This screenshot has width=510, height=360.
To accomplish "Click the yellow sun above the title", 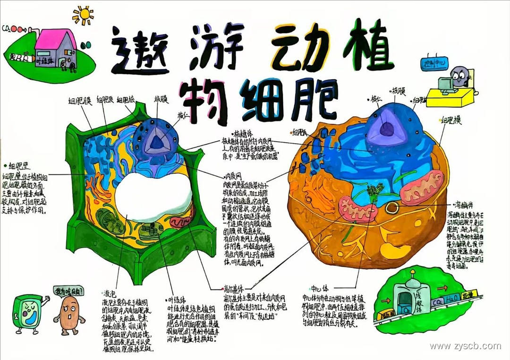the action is tap(83, 14).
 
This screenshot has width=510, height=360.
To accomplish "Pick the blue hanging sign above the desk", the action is tap(433, 63).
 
